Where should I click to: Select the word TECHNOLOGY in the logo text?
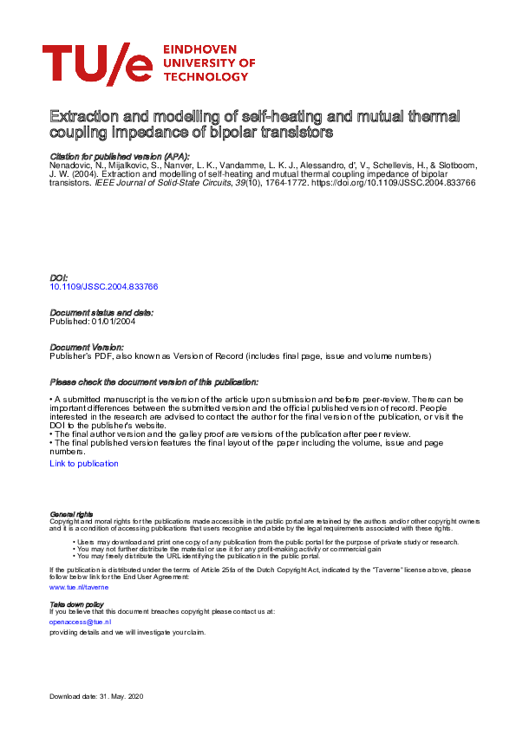click(205, 76)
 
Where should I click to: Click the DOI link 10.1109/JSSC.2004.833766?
click(104, 286)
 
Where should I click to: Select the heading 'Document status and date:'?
click(101, 312)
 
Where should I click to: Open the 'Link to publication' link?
click(84, 464)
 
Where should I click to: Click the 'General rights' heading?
click(71, 514)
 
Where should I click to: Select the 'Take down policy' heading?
click(76, 603)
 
